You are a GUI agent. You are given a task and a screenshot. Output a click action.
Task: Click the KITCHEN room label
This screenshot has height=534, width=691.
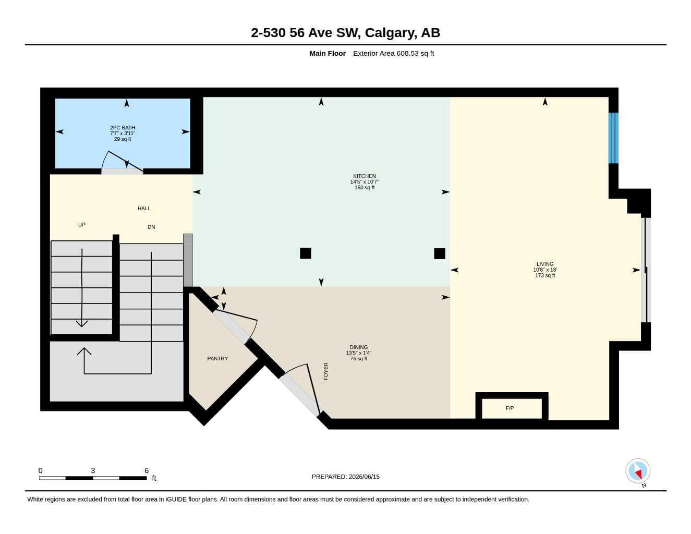tap(365, 176)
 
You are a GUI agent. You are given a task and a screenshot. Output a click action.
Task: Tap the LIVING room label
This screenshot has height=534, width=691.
tap(545, 264)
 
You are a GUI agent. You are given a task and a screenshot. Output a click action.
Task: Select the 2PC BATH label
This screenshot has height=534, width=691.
tap(123, 128)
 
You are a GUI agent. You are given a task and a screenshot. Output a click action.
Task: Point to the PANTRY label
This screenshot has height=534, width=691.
tap(217, 359)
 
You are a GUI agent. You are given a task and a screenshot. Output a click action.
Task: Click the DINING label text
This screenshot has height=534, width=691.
tap(359, 347)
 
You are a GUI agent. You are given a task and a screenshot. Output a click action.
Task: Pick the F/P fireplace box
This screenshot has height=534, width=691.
tap(512, 408)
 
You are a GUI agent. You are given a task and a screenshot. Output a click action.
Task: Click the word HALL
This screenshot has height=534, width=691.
tap(144, 209)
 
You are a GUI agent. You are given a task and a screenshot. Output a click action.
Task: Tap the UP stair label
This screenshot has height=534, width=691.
tap(82, 225)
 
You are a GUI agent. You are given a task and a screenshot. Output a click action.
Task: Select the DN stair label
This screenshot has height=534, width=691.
tap(151, 227)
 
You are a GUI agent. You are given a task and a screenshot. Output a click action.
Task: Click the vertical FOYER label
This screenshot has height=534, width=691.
tap(326, 371)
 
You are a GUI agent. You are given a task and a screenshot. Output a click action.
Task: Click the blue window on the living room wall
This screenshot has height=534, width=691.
tap(613, 138)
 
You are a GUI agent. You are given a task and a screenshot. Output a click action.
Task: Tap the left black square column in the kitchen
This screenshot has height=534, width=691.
tap(306, 253)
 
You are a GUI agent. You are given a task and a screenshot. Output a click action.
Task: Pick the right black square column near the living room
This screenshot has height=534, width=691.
tap(440, 253)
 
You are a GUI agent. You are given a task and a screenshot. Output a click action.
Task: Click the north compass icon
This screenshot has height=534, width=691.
tap(638, 471)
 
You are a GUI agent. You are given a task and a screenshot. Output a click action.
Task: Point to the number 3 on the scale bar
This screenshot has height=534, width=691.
tap(93, 470)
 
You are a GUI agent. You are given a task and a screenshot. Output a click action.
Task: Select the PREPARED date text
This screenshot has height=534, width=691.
tap(346, 477)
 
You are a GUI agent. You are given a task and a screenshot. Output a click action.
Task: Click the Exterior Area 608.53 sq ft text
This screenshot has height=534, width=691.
tap(393, 53)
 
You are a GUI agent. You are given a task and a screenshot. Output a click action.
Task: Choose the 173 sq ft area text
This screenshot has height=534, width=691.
tap(545, 275)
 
